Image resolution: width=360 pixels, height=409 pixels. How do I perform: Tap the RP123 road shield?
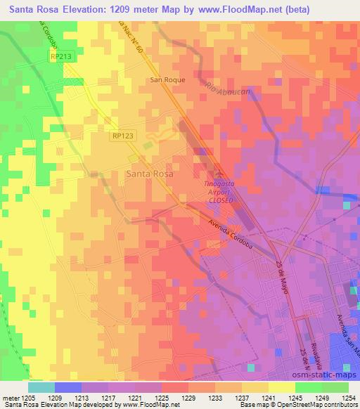click(x=123, y=137)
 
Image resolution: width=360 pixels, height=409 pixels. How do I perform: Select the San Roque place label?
click(x=168, y=80)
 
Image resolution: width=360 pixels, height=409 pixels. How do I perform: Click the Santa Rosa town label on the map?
click(x=149, y=171)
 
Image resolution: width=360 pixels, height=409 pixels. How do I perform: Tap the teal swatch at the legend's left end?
click(x=41, y=387)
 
